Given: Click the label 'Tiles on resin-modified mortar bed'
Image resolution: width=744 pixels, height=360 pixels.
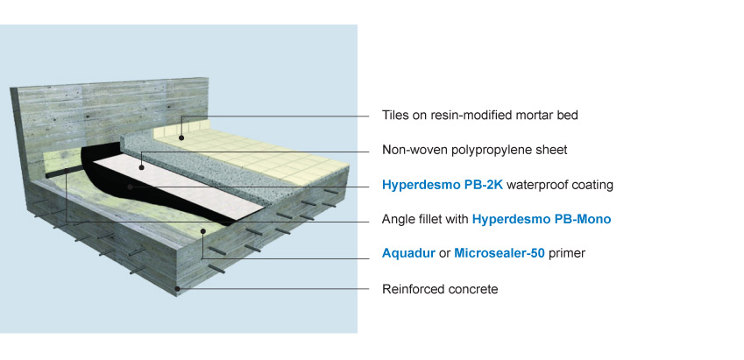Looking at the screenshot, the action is (479, 116).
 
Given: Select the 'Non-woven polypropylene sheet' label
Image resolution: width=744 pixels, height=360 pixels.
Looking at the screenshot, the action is (474, 150).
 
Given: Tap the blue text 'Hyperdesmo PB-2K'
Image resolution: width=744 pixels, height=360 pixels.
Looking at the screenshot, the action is (443, 185).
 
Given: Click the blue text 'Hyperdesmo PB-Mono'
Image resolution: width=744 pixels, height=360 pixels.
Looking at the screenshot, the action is (542, 219).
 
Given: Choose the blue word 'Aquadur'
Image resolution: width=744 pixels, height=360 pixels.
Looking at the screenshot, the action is (408, 253).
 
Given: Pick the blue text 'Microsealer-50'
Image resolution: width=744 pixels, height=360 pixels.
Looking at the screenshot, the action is (500, 253).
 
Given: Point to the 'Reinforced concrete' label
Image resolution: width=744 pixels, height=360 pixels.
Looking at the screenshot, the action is (440, 289).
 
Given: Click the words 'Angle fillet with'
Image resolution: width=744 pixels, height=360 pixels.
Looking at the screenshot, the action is (425, 219).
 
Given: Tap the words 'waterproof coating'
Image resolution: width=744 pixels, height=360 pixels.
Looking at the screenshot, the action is (560, 185).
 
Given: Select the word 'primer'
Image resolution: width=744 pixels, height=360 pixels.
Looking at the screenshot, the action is (566, 254).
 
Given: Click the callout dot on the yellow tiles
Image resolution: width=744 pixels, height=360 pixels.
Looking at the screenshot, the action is (181, 138).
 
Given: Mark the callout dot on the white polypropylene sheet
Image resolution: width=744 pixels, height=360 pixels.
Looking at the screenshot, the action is (141, 167).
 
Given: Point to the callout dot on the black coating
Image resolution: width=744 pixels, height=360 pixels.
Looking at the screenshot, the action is (130, 187).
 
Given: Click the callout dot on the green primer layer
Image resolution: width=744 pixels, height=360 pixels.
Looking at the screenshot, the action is (202, 231).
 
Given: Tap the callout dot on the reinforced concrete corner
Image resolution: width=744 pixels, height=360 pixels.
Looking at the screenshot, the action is (178, 288).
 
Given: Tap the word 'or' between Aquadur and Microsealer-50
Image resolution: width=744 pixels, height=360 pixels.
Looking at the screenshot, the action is (444, 254).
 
